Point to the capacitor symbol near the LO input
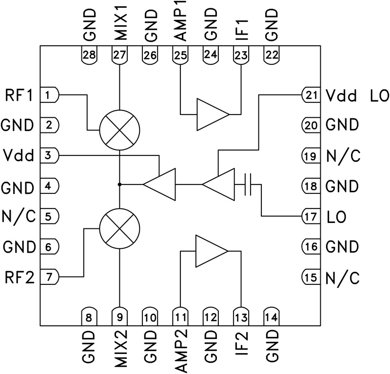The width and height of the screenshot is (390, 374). click(x=248, y=185)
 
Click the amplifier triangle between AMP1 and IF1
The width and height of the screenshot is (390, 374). click(x=212, y=114)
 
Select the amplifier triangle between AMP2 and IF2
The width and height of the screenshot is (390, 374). click(x=211, y=251)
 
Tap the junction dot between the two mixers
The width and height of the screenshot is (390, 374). click(x=119, y=185)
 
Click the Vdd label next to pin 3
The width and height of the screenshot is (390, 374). click(x=18, y=156)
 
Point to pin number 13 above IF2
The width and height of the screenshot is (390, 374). click(x=241, y=318)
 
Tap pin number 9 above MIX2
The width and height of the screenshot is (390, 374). click(x=119, y=318)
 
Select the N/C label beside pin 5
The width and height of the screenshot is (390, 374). click(x=19, y=216)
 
